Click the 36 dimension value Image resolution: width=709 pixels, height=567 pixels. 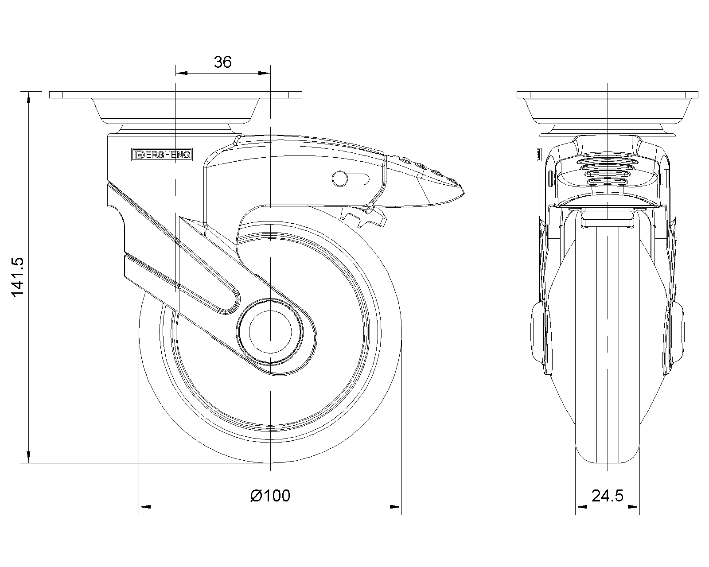(x=222, y=62)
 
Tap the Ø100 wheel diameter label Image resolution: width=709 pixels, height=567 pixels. (x=270, y=495)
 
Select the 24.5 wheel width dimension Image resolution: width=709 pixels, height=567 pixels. (x=607, y=495)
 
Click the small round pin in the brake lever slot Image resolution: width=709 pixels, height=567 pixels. (x=340, y=179)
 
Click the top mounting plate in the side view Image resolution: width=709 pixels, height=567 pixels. (x=175, y=95)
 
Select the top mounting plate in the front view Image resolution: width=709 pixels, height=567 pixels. (x=607, y=95)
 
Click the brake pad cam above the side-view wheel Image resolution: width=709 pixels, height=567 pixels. (x=364, y=218)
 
